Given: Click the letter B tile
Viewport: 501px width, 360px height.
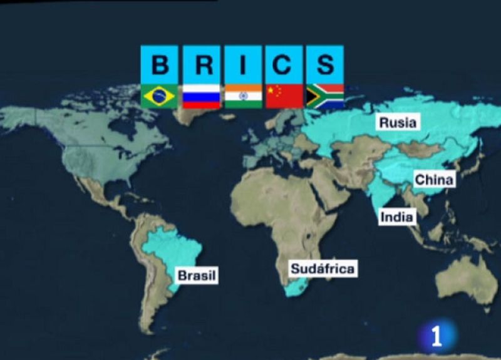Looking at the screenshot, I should (160, 64).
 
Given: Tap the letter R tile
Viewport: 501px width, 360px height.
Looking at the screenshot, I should (202, 64).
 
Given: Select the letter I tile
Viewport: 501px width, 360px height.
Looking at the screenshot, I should (243, 64).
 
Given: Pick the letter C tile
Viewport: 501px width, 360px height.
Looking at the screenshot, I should (284, 64).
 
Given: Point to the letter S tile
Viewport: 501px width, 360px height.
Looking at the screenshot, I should (325, 64).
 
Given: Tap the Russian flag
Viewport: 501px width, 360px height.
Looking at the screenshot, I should (201, 96).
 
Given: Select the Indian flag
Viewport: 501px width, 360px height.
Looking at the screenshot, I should (243, 96).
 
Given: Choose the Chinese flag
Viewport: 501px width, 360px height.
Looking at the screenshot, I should (284, 96).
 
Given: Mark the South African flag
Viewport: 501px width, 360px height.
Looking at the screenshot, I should (324, 96).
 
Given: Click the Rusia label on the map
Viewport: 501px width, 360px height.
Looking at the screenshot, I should (398, 122).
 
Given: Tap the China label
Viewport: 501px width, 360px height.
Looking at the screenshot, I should (434, 180).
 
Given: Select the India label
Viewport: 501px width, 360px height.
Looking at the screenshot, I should (397, 217).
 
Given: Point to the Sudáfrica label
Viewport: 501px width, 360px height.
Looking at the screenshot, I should (323, 269).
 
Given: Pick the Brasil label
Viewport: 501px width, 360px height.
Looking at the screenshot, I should (197, 275).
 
